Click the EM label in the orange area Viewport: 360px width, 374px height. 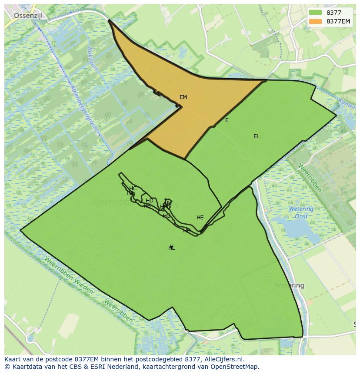(x=183, y=97)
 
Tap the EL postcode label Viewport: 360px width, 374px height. (x=257, y=136)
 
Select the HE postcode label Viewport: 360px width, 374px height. (x=200, y=218)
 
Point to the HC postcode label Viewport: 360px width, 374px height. (x=133, y=189)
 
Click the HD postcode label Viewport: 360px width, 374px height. (x=150, y=201)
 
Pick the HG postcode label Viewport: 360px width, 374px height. (x=167, y=216)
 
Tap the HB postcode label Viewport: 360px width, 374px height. (x=147, y=206)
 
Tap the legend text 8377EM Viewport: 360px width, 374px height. (x=338, y=21)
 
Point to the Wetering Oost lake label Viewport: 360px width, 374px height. (x=301, y=212)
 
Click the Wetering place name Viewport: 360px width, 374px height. (x=290, y=285)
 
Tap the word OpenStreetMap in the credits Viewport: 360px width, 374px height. (x=234, y=367)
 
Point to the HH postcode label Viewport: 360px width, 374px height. (x=187, y=230)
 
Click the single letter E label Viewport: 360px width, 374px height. (x=227, y=120)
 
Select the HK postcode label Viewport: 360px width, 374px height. (x=168, y=203)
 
